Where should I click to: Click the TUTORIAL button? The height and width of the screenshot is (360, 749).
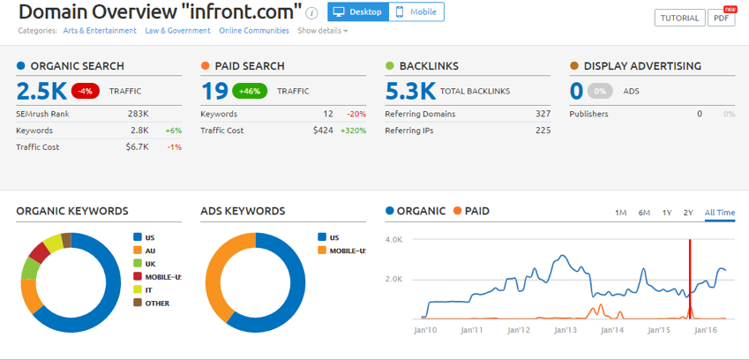click(x=679, y=18)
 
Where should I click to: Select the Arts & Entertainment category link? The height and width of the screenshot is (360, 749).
click(x=100, y=31)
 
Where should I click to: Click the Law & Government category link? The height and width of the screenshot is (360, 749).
click(x=178, y=31)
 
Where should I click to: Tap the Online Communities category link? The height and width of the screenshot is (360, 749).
click(x=254, y=31)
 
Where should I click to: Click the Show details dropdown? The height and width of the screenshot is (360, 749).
click(x=322, y=31)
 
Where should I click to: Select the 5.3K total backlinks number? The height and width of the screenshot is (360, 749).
click(x=410, y=90)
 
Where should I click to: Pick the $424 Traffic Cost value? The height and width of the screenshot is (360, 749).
click(x=322, y=131)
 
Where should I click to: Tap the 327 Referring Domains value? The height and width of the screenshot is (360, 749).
click(x=543, y=114)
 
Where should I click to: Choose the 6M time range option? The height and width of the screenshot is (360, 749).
click(x=644, y=213)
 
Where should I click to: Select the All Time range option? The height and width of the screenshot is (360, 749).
click(x=719, y=213)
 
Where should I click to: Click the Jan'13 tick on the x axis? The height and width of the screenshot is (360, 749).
click(x=565, y=330)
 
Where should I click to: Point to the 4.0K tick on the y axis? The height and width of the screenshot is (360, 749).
click(x=393, y=239)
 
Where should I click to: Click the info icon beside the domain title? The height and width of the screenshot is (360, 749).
click(x=311, y=13)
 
